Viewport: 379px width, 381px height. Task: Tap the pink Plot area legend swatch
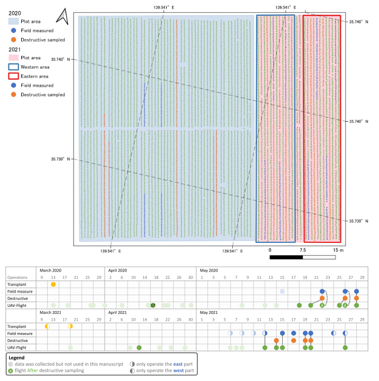pyautogui.click(x=13, y=58)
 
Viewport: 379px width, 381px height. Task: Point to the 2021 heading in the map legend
pyautogui.click(x=15, y=50)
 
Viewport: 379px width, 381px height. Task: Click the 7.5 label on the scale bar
pyautogui.click(x=303, y=250)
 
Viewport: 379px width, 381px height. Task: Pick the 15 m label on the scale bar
pyautogui.click(x=338, y=250)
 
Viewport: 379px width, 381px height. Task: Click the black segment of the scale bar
pyautogui.click(x=286, y=257)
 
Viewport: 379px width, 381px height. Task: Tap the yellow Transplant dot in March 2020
pyautogui.click(x=53, y=284)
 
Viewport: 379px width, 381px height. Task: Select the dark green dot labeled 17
pyautogui.click(x=152, y=305)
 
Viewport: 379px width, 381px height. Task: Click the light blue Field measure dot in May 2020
pyautogui.click(x=282, y=292)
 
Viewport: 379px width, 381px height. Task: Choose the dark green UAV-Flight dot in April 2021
pyautogui.click(x=139, y=348)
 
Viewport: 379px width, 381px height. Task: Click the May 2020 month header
pyautogui.click(x=209, y=270)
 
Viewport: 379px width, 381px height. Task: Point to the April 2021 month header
pyautogui.click(x=118, y=313)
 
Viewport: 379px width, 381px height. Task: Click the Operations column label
pyautogui.click(x=17, y=277)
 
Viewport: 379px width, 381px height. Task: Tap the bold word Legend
pyautogui.click(x=16, y=358)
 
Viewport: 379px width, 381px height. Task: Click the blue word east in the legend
pyautogui.click(x=178, y=364)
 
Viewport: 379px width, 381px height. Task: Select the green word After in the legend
pyautogui.click(x=33, y=370)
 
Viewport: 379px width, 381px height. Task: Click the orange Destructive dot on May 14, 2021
pyautogui.click(x=276, y=341)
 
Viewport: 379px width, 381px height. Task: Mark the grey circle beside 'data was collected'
pyautogui.click(x=11, y=364)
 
